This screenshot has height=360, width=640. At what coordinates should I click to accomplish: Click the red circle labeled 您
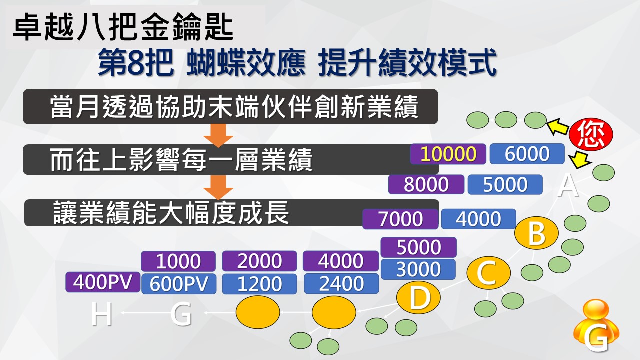click(x=591, y=135)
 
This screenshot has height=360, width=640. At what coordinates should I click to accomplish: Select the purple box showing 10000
click(x=448, y=154)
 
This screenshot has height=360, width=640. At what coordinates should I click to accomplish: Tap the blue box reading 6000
click(x=527, y=154)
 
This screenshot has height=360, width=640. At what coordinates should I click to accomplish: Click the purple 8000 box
click(x=426, y=184)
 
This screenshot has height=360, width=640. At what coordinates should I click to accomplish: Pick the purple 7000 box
click(x=400, y=219)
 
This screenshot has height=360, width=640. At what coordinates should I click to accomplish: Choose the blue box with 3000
click(x=418, y=269)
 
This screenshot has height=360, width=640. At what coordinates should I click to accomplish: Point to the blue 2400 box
click(x=341, y=283)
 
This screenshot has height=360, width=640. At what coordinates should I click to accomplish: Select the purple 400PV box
click(x=103, y=282)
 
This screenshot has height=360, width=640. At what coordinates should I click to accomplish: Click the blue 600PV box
click(x=179, y=284)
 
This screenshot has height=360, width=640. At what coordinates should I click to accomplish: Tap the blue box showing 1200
click(x=259, y=284)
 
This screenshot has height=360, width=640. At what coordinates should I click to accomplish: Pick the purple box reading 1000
click(x=178, y=261)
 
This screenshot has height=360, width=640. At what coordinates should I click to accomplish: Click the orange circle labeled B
click(x=536, y=233)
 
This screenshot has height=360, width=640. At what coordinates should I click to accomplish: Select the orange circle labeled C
click(x=489, y=273)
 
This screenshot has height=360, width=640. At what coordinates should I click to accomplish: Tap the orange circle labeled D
click(x=418, y=298)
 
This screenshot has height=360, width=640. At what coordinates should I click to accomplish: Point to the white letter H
click(x=101, y=314)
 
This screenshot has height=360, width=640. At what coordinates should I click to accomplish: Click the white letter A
click(x=568, y=186)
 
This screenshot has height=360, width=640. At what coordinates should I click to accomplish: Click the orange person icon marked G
click(x=596, y=325)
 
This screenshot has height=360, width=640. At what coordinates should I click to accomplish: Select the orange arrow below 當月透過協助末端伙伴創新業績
click(x=218, y=135)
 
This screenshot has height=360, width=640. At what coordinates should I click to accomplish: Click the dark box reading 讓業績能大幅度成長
click(x=231, y=213)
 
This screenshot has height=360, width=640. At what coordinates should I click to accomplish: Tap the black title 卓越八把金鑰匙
click(x=123, y=27)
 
